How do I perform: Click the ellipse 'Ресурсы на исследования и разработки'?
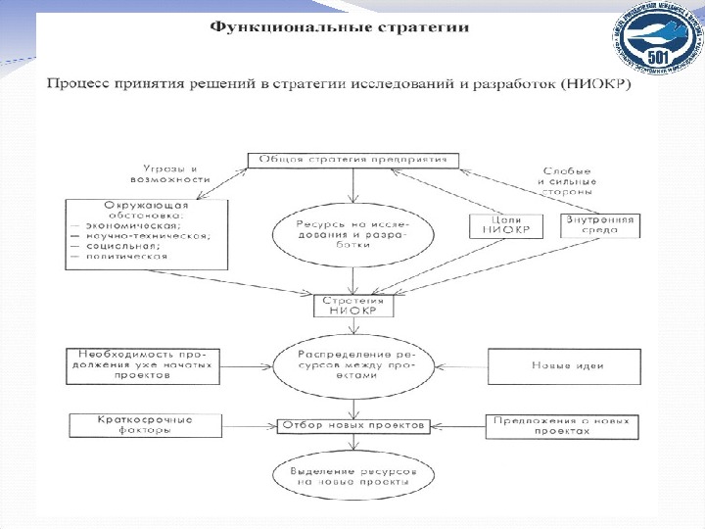coord(354,231)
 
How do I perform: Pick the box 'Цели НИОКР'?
coord(499,226)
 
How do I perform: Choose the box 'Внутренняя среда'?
coord(597,226)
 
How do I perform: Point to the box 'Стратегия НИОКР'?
coord(354,305)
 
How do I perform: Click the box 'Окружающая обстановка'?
coord(144,231)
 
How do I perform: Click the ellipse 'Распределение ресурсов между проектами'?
coord(354,364)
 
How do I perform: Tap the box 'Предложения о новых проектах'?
coord(562,425)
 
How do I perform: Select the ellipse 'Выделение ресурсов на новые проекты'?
coord(354,478)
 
